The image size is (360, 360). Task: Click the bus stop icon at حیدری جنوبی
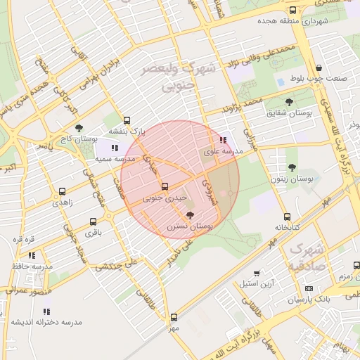165,186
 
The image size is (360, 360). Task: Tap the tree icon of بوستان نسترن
190,215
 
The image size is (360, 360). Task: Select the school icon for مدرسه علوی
224,140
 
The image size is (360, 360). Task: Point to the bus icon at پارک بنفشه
127,120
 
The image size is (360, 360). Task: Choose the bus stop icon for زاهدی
63,191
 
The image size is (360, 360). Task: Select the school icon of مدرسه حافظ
32,255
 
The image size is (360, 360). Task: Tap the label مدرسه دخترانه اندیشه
46,322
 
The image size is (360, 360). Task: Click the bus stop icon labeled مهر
174,317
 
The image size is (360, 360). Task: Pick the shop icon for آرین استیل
257,273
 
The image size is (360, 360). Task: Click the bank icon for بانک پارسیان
309,289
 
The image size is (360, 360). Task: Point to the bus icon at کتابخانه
287,217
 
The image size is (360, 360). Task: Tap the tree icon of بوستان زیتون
292,167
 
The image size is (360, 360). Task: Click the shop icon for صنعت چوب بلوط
319,67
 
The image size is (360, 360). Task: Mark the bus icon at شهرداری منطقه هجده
293,10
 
